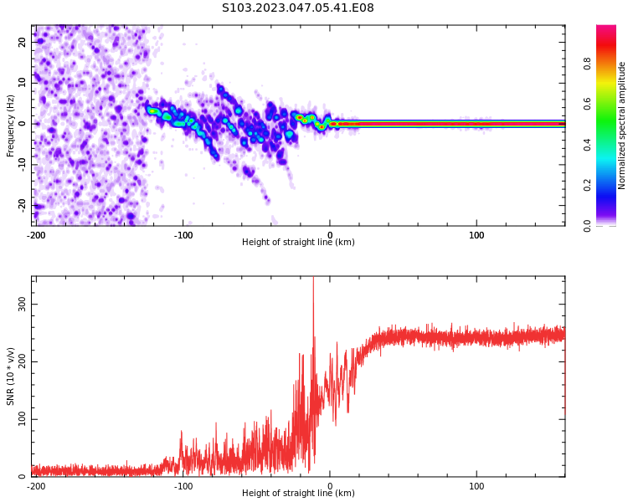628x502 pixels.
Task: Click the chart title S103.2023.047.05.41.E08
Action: [298, 8]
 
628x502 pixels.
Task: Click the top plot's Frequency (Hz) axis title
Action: [11, 125]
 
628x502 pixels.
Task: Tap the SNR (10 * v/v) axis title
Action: [11, 376]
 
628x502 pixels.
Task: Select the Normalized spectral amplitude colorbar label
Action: [622, 125]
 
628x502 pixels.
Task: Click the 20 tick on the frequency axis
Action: [23, 42]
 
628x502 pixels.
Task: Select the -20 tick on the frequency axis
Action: [21, 205]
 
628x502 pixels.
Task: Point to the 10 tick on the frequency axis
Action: [23, 83]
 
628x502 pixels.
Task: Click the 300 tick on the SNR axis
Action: [21, 305]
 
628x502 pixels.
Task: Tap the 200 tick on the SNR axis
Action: [21, 362]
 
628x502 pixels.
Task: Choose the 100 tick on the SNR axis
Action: [21, 419]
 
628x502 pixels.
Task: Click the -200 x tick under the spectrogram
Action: [36, 235]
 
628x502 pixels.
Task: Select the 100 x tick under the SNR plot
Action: [476, 486]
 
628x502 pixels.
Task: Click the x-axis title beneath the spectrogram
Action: [298, 243]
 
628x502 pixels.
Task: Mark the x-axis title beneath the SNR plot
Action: [298, 494]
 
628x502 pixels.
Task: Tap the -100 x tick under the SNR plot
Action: [183, 486]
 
